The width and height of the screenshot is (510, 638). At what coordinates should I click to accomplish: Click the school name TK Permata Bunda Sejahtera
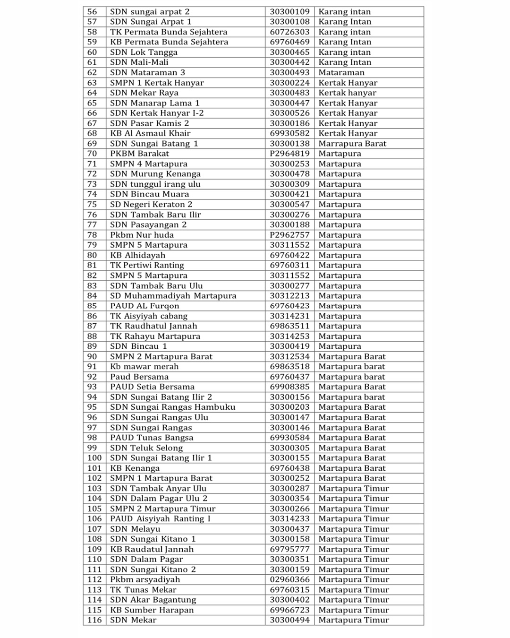(169, 32)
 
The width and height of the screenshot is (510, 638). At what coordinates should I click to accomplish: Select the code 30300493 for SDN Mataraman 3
(289, 72)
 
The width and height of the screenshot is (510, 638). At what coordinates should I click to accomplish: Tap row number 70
(92, 154)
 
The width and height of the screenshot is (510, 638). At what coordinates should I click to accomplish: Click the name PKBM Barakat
(139, 154)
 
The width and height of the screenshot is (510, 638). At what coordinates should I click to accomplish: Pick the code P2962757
(289, 235)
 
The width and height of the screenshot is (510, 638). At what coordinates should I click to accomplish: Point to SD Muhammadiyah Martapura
(173, 296)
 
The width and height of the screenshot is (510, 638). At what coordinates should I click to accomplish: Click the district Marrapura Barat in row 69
(352, 144)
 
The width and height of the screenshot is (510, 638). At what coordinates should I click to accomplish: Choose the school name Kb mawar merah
(144, 367)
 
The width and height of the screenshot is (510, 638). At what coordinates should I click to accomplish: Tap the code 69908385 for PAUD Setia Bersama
(289, 387)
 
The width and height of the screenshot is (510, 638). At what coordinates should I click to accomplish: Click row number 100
(94, 458)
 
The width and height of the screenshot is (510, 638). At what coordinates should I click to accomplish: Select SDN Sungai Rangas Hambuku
(172, 407)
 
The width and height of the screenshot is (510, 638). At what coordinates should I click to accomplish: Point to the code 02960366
(289, 580)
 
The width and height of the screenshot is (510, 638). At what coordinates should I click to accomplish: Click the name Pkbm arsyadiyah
(145, 580)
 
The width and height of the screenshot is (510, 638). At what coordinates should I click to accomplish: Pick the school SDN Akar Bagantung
(153, 600)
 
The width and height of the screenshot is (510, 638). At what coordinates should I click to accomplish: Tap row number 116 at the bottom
(94, 621)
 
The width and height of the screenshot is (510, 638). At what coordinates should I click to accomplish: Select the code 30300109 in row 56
(289, 11)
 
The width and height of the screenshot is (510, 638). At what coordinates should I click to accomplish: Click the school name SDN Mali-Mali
(139, 62)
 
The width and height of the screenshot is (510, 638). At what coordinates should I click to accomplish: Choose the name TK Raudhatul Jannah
(153, 326)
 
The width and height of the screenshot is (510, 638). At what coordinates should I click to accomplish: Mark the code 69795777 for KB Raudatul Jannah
(289, 549)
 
